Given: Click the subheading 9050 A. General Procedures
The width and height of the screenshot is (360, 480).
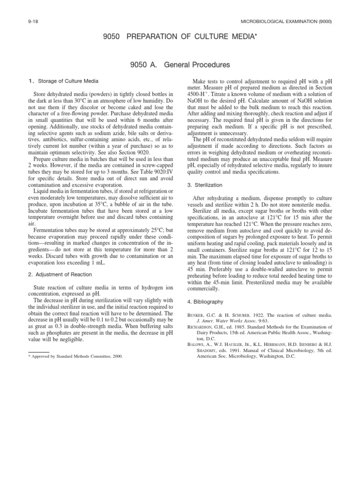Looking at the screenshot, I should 180,64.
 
